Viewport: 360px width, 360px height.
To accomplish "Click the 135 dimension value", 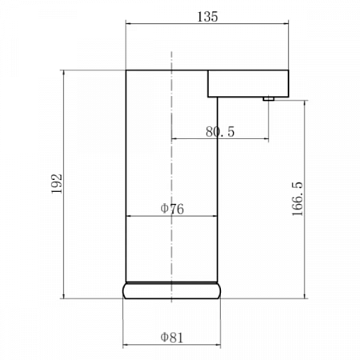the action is (x=207, y=17).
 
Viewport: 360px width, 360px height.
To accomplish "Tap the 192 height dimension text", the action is (x=57, y=184).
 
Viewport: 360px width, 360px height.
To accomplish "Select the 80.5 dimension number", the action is (x=220, y=132).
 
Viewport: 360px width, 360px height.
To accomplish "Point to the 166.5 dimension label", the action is (x=298, y=198).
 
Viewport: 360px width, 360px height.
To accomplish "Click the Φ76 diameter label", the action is (x=172, y=209).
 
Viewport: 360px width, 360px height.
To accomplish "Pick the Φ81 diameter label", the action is (x=172, y=338).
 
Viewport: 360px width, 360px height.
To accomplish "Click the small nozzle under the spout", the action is (x=268, y=99).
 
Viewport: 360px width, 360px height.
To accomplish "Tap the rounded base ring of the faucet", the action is (x=172, y=291).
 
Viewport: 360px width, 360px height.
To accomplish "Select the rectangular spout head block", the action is (x=248, y=83).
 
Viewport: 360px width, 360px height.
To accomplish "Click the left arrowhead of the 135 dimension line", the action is (x=128, y=24).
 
